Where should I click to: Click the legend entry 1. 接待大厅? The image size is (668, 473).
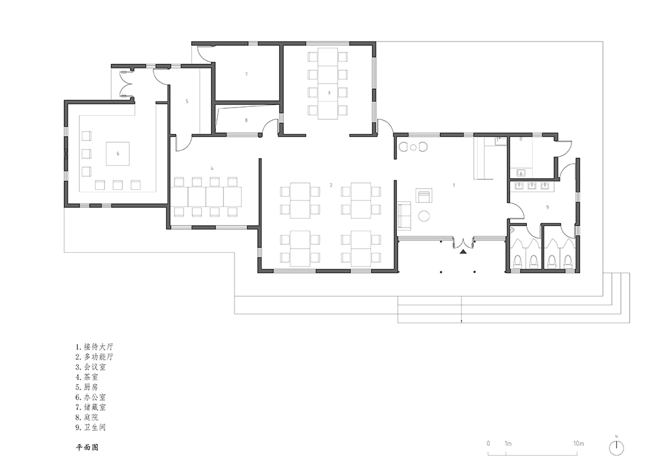click(x=95, y=346)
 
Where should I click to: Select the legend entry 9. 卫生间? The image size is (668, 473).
click(x=91, y=427)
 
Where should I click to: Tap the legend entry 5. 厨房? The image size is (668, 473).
click(x=87, y=387)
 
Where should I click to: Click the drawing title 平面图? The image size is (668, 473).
click(x=87, y=448)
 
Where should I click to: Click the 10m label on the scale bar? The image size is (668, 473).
click(x=578, y=443)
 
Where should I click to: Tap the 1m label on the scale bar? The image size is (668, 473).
click(x=508, y=443)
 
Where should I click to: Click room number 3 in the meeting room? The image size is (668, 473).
click(x=329, y=92)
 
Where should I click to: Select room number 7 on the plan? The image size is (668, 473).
click(x=246, y=74)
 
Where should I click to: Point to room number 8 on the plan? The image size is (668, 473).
click(x=246, y=120)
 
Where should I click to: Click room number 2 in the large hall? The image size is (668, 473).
click(x=331, y=185)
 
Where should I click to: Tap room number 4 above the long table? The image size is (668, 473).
click(x=212, y=169)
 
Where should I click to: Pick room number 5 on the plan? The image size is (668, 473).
click(x=187, y=101)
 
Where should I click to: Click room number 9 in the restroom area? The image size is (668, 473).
click(x=547, y=207)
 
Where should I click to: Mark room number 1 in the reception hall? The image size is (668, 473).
click(x=454, y=185)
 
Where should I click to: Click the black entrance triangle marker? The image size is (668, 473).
click(x=463, y=252)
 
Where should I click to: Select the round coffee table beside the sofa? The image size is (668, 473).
click(x=424, y=216)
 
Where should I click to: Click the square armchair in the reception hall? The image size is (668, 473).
click(x=424, y=196)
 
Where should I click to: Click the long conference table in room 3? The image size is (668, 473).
click(x=328, y=83)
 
